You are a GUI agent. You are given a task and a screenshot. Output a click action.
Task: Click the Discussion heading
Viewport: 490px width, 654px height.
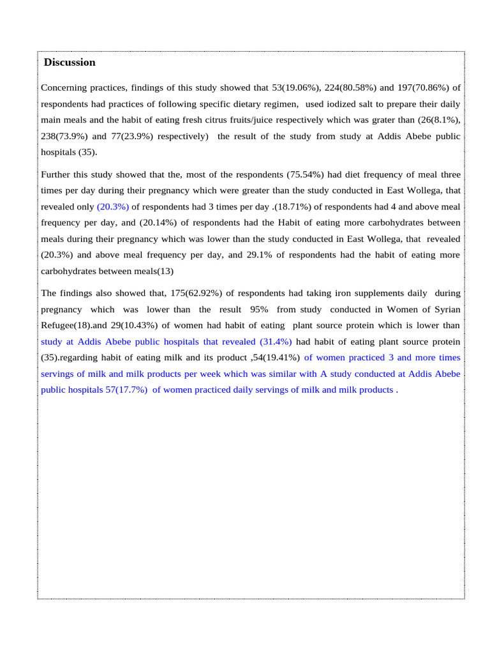70,63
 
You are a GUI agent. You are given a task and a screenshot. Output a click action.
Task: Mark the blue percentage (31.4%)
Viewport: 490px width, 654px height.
276,342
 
